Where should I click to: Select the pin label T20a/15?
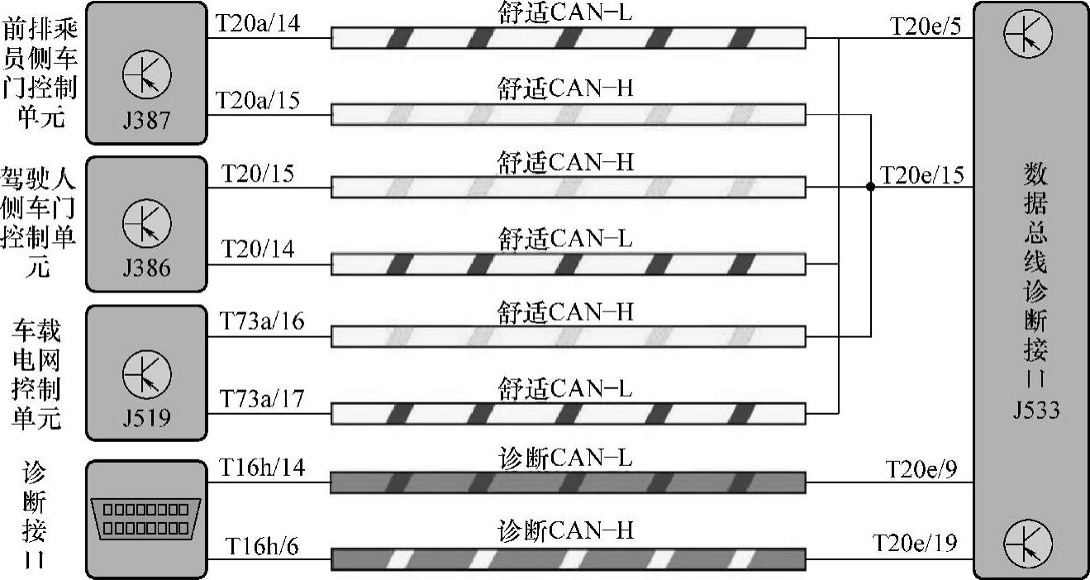pos(257,100)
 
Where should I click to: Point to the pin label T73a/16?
pos(261,321)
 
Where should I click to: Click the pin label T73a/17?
pos(261,399)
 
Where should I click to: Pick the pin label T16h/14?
pos(261,468)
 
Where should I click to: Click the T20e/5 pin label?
pos(926,26)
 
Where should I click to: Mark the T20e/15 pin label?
pos(921,175)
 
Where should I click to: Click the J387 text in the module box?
pos(146,120)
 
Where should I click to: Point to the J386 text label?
pos(146,269)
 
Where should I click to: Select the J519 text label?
pos(146,417)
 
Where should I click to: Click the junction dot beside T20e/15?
pos(870,188)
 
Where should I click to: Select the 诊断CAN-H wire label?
pos(566,530)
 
